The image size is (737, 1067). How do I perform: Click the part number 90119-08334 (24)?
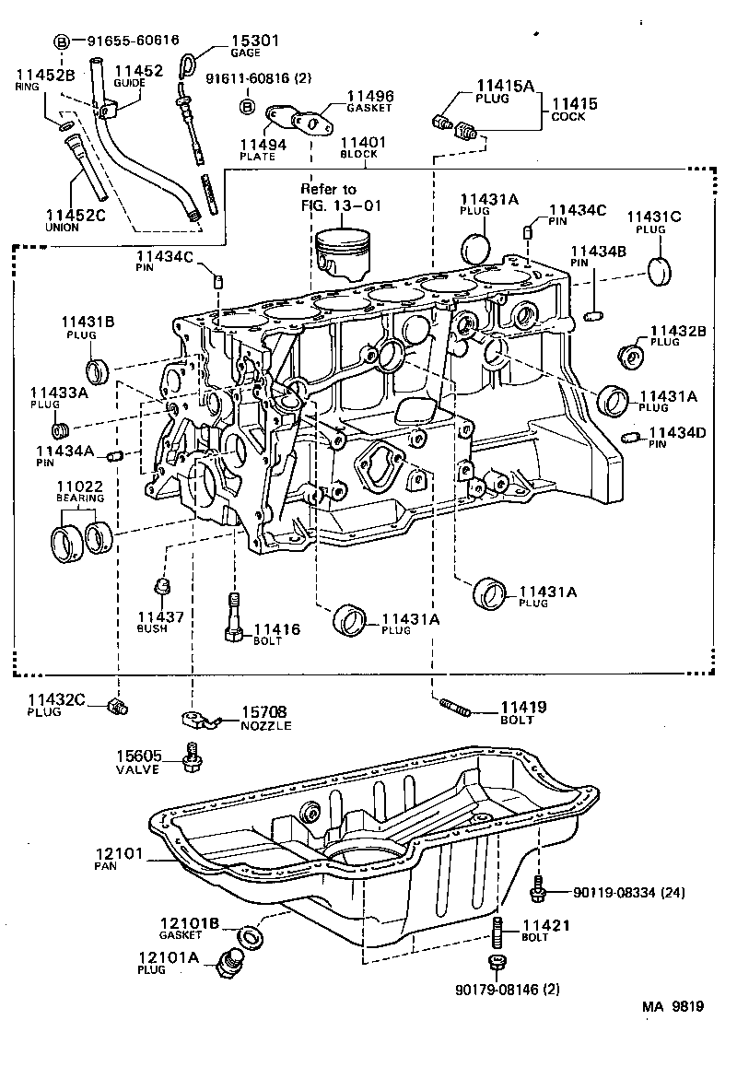tap(628, 893)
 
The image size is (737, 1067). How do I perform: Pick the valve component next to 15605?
tap(193, 757)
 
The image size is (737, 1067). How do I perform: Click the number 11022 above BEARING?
tap(81, 487)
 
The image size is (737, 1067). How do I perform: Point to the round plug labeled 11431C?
tap(660, 272)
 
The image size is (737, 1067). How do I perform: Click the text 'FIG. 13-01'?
tap(340, 205)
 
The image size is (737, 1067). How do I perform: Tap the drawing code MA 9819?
tap(673, 1006)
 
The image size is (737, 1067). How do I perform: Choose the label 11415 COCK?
tap(574, 110)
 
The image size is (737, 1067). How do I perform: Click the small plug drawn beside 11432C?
tap(118, 707)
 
